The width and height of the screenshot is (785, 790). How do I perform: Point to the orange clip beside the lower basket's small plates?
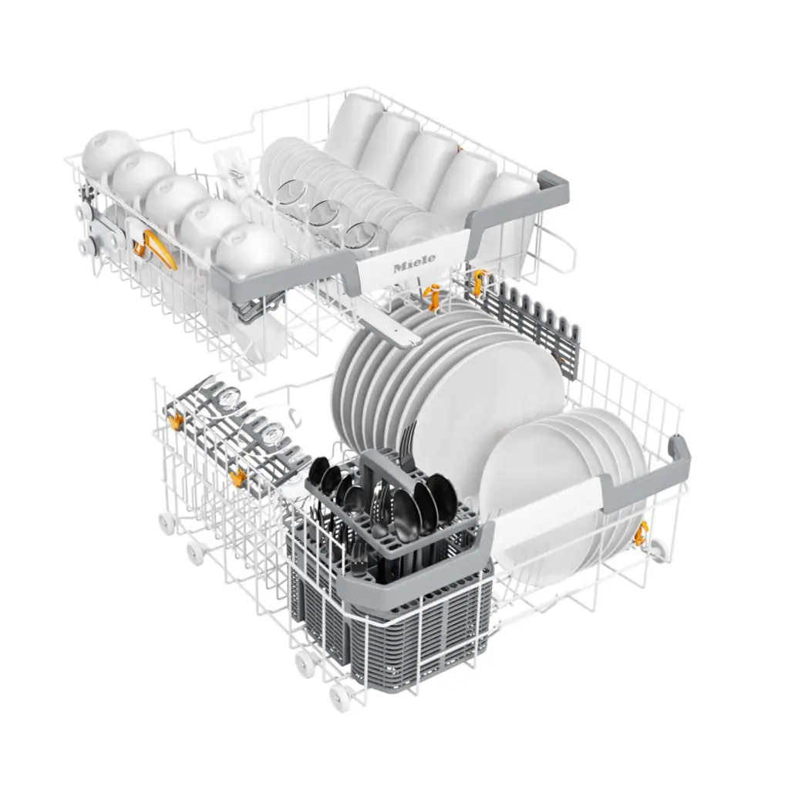point(640,531)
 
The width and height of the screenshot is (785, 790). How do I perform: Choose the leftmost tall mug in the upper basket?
point(355,127)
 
